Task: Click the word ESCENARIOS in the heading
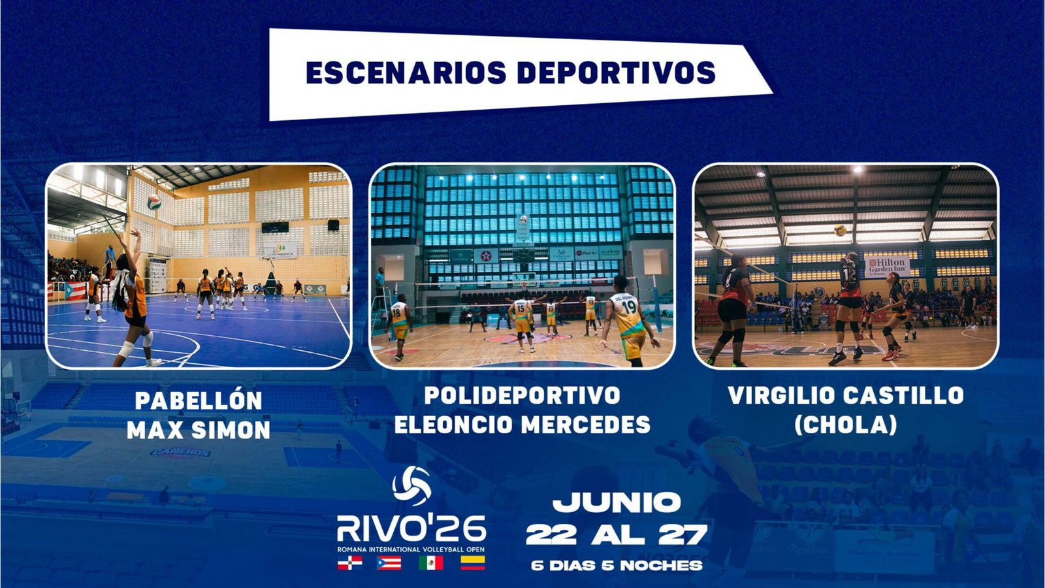point(406,73)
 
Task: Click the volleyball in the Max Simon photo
point(154,202)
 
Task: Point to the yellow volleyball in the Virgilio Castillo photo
point(840,231)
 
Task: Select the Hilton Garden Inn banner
point(888,266)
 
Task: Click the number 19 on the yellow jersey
point(629,307)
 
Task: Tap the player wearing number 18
point(399,327)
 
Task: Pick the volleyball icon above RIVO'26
point(412,486)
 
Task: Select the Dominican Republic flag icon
point(350,563)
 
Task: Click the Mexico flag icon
point(431,563)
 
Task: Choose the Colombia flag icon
point(473,563)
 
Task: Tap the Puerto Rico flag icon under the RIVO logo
point(389,563)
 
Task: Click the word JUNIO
point(617,502)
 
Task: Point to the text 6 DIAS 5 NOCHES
point(617,566)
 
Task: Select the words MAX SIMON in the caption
point(199,430)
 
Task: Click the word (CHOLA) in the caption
point(846,425)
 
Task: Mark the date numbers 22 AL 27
point(617,535)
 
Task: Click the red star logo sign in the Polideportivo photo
point(486,255)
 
